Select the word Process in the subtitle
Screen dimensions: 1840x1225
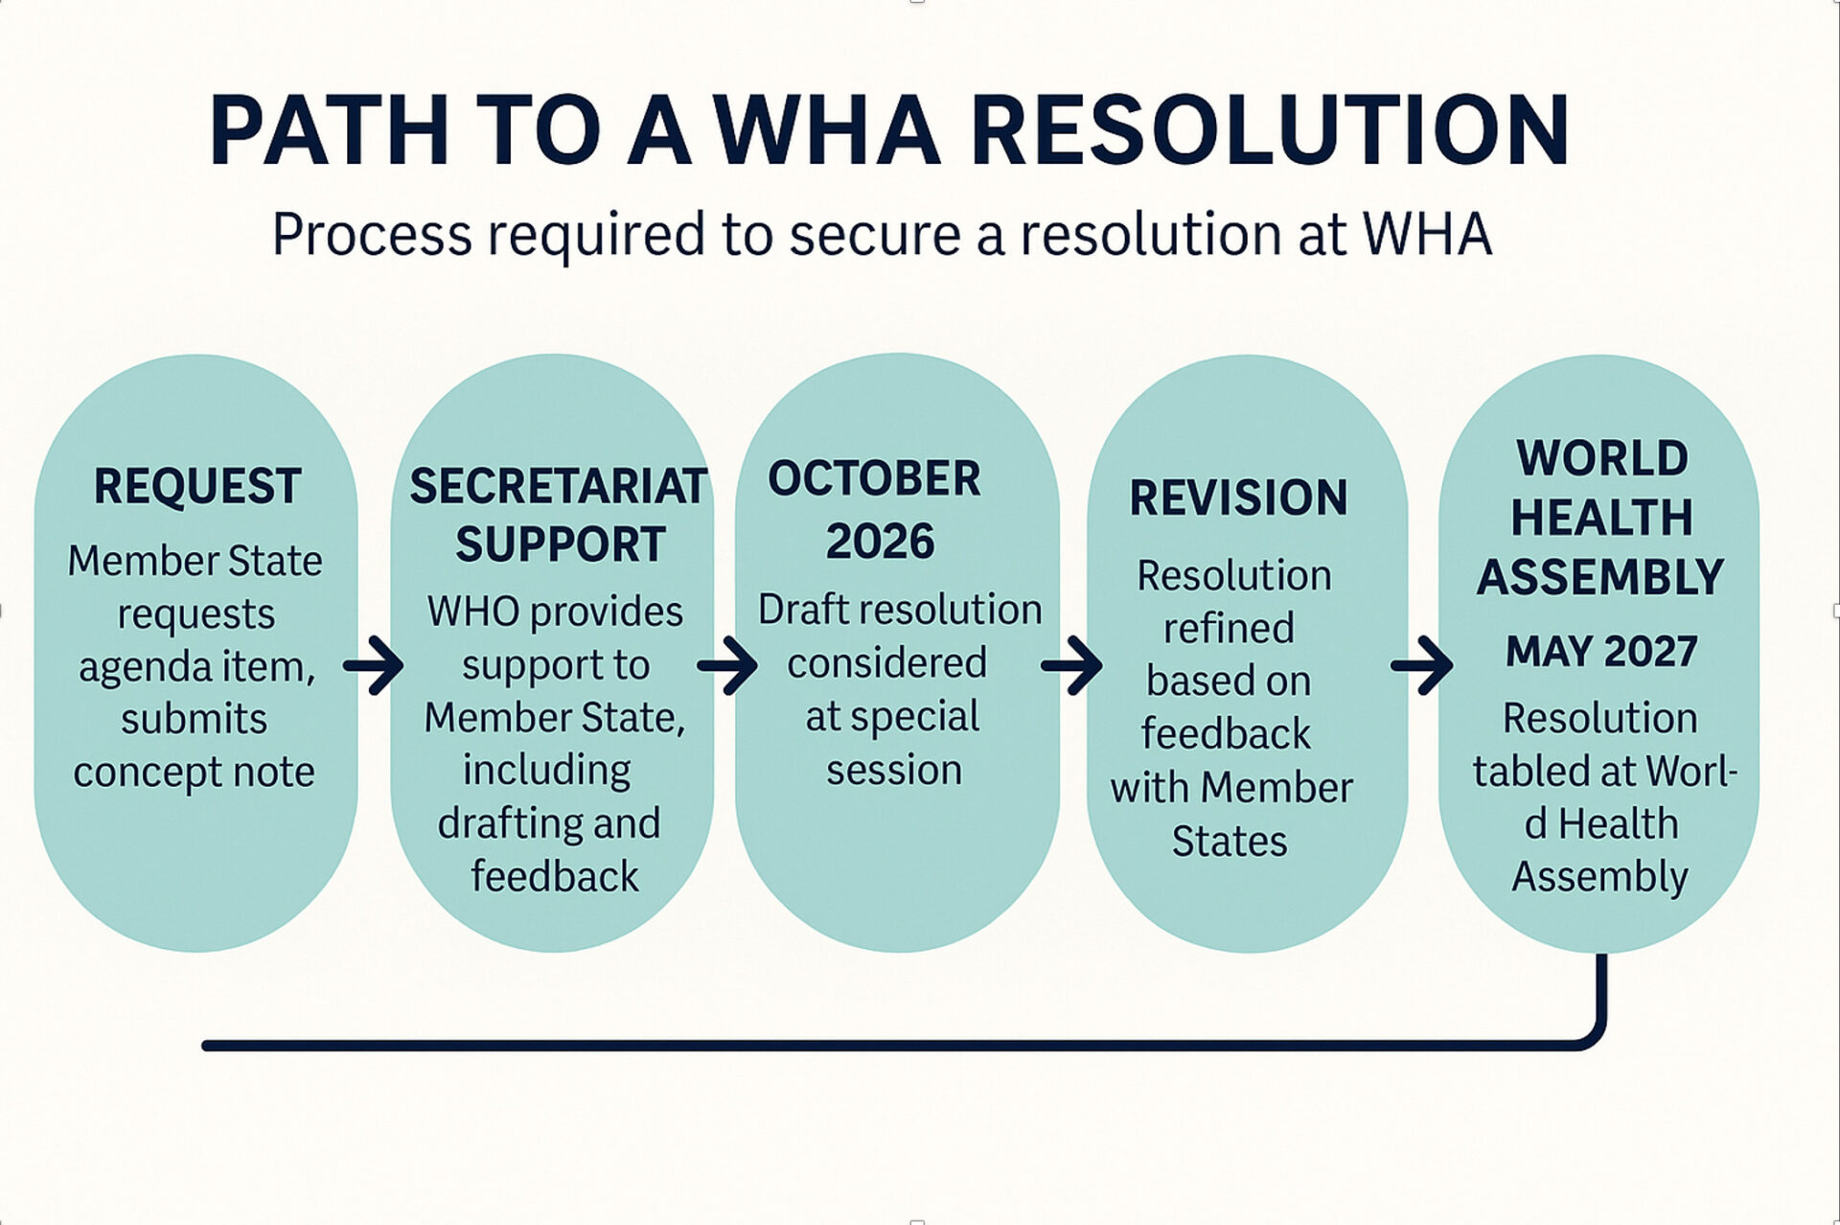(x=372, y=235)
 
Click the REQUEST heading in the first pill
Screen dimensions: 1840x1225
(x=197, y=486)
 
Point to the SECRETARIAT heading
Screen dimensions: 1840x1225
(x=559, y=486)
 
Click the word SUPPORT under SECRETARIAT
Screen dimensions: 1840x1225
(x=561, y=544)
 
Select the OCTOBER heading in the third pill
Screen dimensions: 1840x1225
(x=874, y=478)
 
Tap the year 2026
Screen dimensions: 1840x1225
(x=880, y=542)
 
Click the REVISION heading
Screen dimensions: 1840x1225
(x=1238, y=497)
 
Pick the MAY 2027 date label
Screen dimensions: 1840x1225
(x=1601, y=652)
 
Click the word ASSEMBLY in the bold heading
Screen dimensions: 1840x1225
(x=1600, y=577)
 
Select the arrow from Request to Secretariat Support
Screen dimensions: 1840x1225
(x=374, y=664)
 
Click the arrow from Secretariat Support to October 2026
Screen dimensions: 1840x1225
(x=728, y=664)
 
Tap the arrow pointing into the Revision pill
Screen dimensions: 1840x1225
(x=1072, y=664)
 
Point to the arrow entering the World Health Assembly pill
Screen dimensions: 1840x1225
(x=1422, y=664)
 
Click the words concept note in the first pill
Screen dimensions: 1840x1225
(x=194, y=773)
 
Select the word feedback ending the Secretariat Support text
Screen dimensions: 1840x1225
(x=555, y=876)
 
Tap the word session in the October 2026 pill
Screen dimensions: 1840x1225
(x=894, y=770)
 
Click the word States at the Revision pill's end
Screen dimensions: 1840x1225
(x=1230, y=842)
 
